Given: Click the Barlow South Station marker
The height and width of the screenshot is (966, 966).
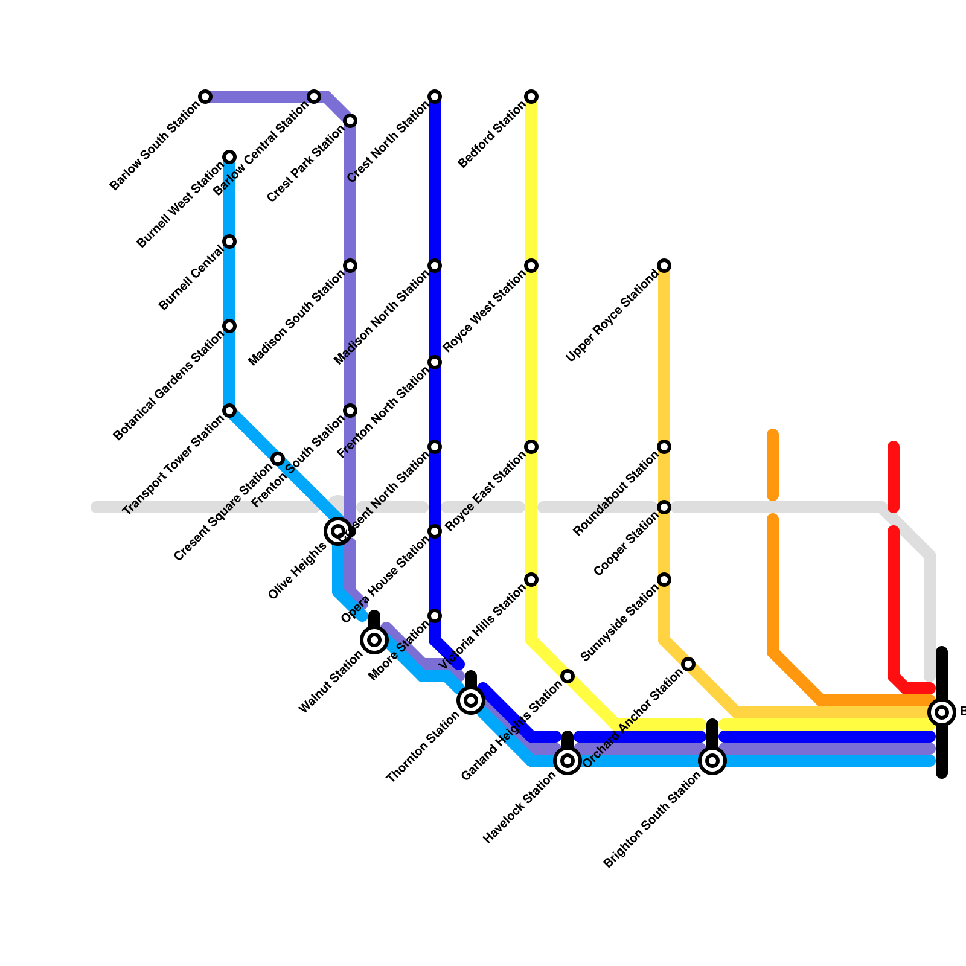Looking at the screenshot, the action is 205,97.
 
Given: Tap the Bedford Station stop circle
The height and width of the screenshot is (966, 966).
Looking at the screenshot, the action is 531,97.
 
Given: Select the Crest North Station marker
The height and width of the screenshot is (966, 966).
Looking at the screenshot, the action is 435,97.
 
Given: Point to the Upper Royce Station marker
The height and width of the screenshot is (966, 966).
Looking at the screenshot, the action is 664,266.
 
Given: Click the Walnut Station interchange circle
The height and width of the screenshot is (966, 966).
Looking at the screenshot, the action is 374,640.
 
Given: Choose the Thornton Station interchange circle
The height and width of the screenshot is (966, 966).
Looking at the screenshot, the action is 471,700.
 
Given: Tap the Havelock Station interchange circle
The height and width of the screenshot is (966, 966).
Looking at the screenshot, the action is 568,761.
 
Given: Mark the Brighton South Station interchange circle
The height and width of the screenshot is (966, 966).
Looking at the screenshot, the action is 712,761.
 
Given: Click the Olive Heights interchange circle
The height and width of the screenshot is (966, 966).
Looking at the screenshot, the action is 338,531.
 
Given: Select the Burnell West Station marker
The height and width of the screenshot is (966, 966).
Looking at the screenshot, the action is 229,157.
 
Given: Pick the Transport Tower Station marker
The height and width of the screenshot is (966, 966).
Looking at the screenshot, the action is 229,411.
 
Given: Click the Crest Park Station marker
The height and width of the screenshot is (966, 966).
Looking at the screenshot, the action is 350,121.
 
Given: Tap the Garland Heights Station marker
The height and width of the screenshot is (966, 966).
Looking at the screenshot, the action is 568,676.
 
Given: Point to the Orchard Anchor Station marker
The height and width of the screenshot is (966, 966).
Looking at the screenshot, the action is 688,664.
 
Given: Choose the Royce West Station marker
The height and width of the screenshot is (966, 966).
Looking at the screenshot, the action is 531,266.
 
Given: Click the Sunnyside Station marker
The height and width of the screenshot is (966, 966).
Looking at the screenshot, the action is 664,580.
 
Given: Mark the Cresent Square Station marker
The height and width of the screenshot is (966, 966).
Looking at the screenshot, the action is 278,459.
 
